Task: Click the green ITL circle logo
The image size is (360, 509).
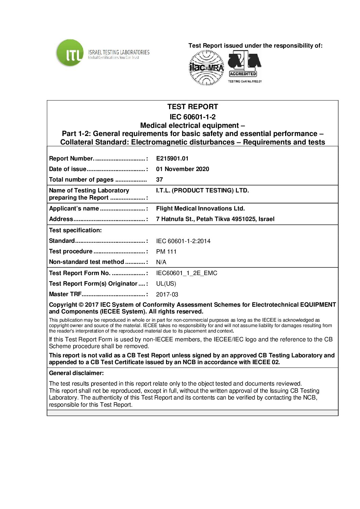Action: pyautogui.click(x=70, y=53)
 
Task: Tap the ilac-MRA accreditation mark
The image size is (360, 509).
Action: pyautogui.click(x=206, y=68)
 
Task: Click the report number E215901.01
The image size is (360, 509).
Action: pyautogui.click(x=172, y=158)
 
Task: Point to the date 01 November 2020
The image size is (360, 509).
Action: pyautogui.click(x=182, y=169)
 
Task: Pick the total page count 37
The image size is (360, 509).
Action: pyautogui.click(x=159, y=180)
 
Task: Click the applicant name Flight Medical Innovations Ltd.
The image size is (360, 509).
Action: pyautogui.click(x=200, y=208)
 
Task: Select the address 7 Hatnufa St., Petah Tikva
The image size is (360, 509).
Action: pyautogui.click(x=215, y=219)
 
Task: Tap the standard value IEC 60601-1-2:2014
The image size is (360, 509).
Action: pyautogui.click(x=183, y=241)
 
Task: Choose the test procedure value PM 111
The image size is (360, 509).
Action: pyautogui.click(x=166, y=252)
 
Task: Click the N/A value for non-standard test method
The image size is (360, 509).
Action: pyautogui.click(x=161, y=262)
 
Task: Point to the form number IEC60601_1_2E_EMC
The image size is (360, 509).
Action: pyautogui.click(x=186, y=273)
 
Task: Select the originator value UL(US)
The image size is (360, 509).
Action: pyautogui.click(x=166, y=284)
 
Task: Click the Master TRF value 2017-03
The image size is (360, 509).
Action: pyautogui.click(x=167, y=294)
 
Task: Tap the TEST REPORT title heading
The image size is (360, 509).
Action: pyautogui.click(x=193, y=107)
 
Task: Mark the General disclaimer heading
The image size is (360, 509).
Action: pyautogui.click(x=76, y=373)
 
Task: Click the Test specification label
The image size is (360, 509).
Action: pyautogui.click(x=75, y=230)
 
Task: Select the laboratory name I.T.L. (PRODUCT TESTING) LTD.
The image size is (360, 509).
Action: pyautogui.click(x=202, y=190)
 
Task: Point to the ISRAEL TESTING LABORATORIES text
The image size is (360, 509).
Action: pyautogui.click(x=119, y=52)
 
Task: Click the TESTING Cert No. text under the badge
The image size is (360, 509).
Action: pyautogui.click(x=245, y=81)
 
